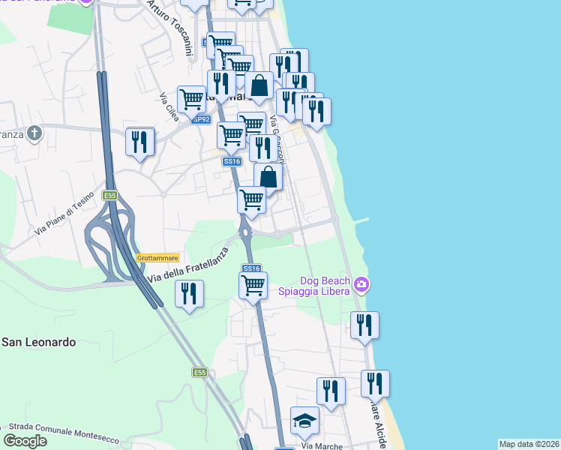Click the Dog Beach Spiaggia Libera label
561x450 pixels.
coord(316,285)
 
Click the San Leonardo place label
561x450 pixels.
coord(38,342)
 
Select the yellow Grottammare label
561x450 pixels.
coord(157,257)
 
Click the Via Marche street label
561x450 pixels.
coord(322,445)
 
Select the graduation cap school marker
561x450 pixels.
coord(304,421)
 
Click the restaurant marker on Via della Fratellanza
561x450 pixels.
coord(189,293)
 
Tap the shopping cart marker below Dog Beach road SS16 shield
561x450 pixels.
coord(253,285)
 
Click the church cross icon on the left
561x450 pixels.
coord(34,133)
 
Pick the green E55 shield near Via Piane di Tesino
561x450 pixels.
coord(110,196)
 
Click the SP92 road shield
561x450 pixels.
coord(200,119)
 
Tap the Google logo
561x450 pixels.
coord(25,441)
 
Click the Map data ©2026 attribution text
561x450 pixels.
coord(529,444)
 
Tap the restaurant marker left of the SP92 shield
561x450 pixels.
coord(139,142)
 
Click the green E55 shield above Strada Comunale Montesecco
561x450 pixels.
coord(199,372)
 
